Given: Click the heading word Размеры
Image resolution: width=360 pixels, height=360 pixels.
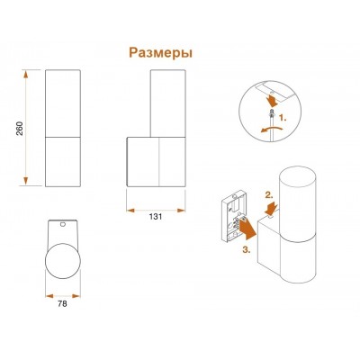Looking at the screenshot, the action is click(x=161, y=53).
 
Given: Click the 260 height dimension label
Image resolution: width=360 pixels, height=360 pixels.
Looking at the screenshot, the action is click(x=20, y=128).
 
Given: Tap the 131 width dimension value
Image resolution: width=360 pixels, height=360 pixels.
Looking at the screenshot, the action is click(x=156, y=217).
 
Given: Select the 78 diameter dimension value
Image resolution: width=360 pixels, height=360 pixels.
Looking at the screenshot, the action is click(x=62, y=304).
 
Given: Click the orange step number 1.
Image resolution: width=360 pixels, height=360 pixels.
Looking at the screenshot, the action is click(x=283, y=118).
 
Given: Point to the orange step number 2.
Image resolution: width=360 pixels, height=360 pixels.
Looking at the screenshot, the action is click(x=269, y=195).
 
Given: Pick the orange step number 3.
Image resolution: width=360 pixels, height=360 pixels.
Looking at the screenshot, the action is click(x=246, y=250).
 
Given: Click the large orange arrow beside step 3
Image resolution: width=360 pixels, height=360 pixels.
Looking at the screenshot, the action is click(x=247, y=229).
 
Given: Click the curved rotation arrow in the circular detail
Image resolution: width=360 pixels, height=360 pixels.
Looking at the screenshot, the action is click(x=272, y=130).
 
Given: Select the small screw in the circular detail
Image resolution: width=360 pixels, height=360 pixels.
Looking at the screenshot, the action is click(x=272, y=113).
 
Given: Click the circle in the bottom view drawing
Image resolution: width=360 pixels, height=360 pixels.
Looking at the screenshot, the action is click(x=63, y=260).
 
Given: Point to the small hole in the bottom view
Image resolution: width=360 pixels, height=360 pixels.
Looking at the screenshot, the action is click(x=63, y=224).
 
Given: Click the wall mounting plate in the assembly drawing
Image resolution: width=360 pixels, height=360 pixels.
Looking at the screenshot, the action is click(x=234, y=216).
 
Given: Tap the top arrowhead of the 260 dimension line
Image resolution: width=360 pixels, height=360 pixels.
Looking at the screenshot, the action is click(x=26, y=74).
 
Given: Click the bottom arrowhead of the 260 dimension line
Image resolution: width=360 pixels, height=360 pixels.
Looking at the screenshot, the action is click(x=26, y=181).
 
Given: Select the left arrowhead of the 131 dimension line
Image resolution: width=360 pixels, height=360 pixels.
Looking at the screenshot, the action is click(x=130, y=211).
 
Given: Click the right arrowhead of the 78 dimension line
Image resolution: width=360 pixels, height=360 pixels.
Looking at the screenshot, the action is click(x=76, y=296).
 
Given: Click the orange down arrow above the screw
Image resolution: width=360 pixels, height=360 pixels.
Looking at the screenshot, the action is click(x=273, y=101).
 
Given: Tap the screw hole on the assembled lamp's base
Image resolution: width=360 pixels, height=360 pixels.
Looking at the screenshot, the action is click(x=272, y=215).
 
